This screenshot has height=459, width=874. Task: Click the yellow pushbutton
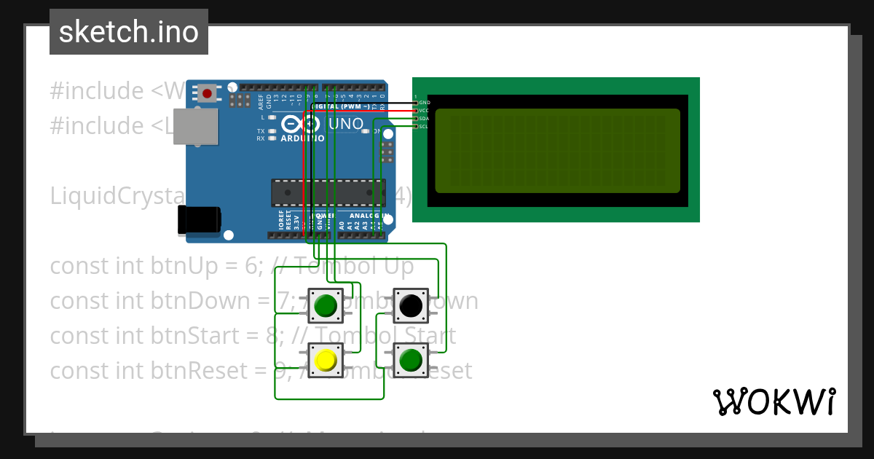pos(326,360)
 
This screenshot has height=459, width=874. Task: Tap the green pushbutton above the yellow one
pos(326,305)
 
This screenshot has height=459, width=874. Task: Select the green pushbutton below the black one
pos(411,360)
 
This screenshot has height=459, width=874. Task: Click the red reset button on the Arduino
pos(208,93)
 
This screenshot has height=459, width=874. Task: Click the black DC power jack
pos(199,219)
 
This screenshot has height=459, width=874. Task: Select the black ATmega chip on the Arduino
pos(328,192)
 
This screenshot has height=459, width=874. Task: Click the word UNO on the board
pos(346,124)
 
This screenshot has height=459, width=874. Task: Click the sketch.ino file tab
pos(129,32)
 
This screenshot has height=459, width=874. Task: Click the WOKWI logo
pos(773,401)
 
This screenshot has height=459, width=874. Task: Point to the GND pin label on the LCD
pos(425,103)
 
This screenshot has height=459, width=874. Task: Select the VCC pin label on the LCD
pos(425,111)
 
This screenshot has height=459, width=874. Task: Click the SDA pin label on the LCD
pos(425,118)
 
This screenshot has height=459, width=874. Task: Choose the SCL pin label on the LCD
pos(425,126)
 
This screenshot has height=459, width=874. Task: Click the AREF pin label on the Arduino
pos(260,101)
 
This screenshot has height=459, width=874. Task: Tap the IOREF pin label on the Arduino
pos(280,221)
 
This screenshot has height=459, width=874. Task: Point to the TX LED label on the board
pos(260,131)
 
